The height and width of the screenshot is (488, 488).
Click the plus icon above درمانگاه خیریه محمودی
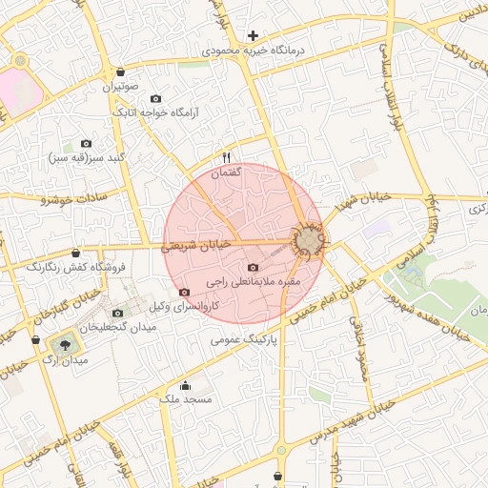tap(253, 35)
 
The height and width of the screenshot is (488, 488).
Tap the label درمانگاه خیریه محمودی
tap(254, 50)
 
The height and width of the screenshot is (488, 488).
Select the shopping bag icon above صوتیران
tap(120, 72)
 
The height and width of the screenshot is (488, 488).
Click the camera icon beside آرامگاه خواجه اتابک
tap(156, 99)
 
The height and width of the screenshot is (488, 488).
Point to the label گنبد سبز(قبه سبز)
tap(86, 156)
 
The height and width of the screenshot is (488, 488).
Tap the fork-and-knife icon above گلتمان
tap(227, 157)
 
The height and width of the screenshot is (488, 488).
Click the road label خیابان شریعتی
tap(196, 245)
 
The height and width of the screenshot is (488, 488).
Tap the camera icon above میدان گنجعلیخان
tap(118, 313)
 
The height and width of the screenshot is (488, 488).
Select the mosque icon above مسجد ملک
tap(185, 385)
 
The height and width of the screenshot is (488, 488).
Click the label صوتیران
tap(121, 87)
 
